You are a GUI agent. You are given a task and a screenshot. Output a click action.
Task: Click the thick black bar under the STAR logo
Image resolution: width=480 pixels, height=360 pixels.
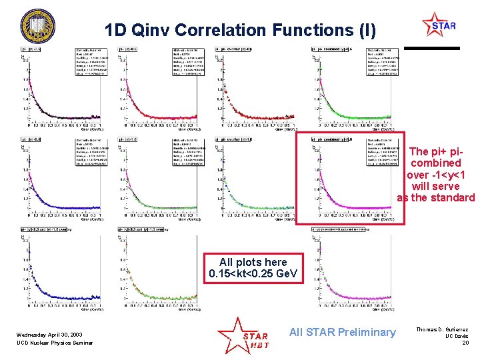click(433, 48)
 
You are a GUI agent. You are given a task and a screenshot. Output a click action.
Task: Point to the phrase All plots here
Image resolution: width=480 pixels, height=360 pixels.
click(253, 263)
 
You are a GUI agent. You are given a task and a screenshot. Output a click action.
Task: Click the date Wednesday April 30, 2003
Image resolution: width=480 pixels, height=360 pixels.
click(51, 333)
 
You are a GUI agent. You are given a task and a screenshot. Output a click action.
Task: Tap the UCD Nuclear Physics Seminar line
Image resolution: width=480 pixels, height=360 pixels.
click(55, 343)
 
